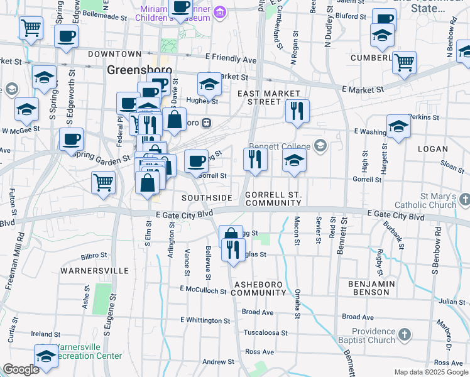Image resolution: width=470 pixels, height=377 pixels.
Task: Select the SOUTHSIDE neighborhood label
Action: tap(207, 198)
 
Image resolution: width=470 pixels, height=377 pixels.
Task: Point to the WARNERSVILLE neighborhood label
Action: tap(94, 271)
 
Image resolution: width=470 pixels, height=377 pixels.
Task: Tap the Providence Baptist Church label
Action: tap(373, 336)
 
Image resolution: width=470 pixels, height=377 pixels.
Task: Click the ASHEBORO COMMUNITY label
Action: tap(260, 288)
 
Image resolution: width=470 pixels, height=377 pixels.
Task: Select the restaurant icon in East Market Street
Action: tap(297, 111)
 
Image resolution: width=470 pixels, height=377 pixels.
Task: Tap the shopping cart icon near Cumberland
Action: tap(404, 62)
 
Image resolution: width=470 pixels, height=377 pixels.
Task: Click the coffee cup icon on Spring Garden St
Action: tap(72, 138)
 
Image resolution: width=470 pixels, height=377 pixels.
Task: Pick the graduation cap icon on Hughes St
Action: tap(210, 83)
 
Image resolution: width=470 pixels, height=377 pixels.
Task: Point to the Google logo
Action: tap(20, 369)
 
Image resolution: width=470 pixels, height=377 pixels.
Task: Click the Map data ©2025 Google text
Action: tap(431, 372)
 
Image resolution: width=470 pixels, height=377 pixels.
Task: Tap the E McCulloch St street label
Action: tap(202, 290)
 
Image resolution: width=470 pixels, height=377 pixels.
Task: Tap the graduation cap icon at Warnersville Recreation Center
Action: tap(46, 355)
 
